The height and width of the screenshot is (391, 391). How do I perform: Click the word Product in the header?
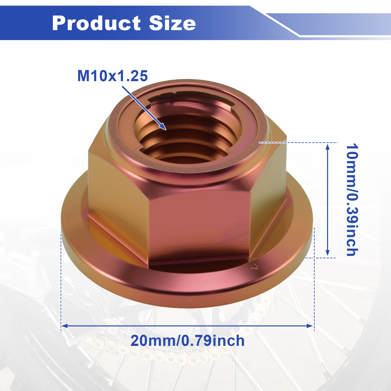[96, 23]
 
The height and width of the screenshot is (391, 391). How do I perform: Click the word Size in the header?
[172, 23]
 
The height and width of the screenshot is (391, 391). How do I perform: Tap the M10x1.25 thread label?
[113, 76]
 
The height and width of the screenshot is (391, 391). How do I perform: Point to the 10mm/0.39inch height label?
[352, 200]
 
